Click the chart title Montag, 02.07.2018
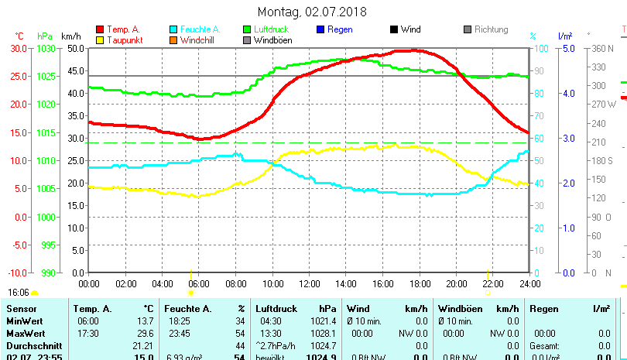pos(312,12)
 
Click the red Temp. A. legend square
pos(100,29)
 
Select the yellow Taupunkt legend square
pos(100,39)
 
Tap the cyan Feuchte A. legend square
pos(173,29)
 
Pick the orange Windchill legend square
pos(173,39)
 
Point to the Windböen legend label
pos(272,40)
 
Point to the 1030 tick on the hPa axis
pos(46,48)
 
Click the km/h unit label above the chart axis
pos(70,36)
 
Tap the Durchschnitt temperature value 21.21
pos(142,345)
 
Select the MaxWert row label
pos(26,333)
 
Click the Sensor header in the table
pos(22,309)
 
